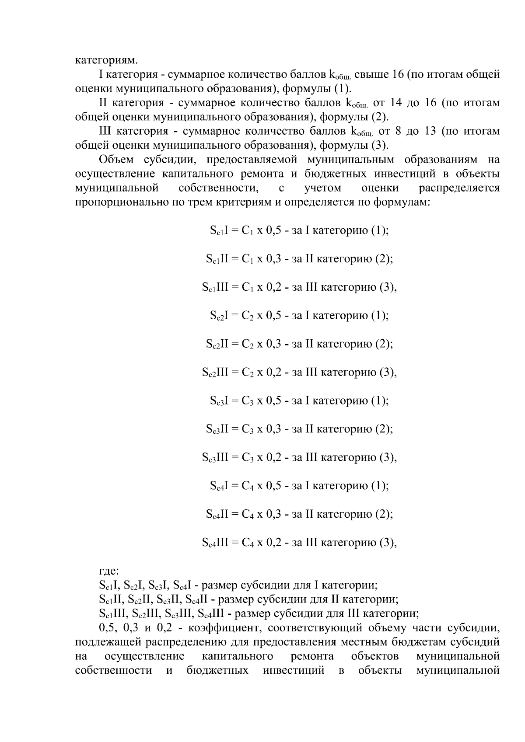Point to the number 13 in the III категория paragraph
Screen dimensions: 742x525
(x=430, y=131)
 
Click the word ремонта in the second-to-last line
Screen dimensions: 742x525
(x=312, y=657)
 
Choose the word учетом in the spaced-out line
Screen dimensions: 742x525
(x=322, y=188)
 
